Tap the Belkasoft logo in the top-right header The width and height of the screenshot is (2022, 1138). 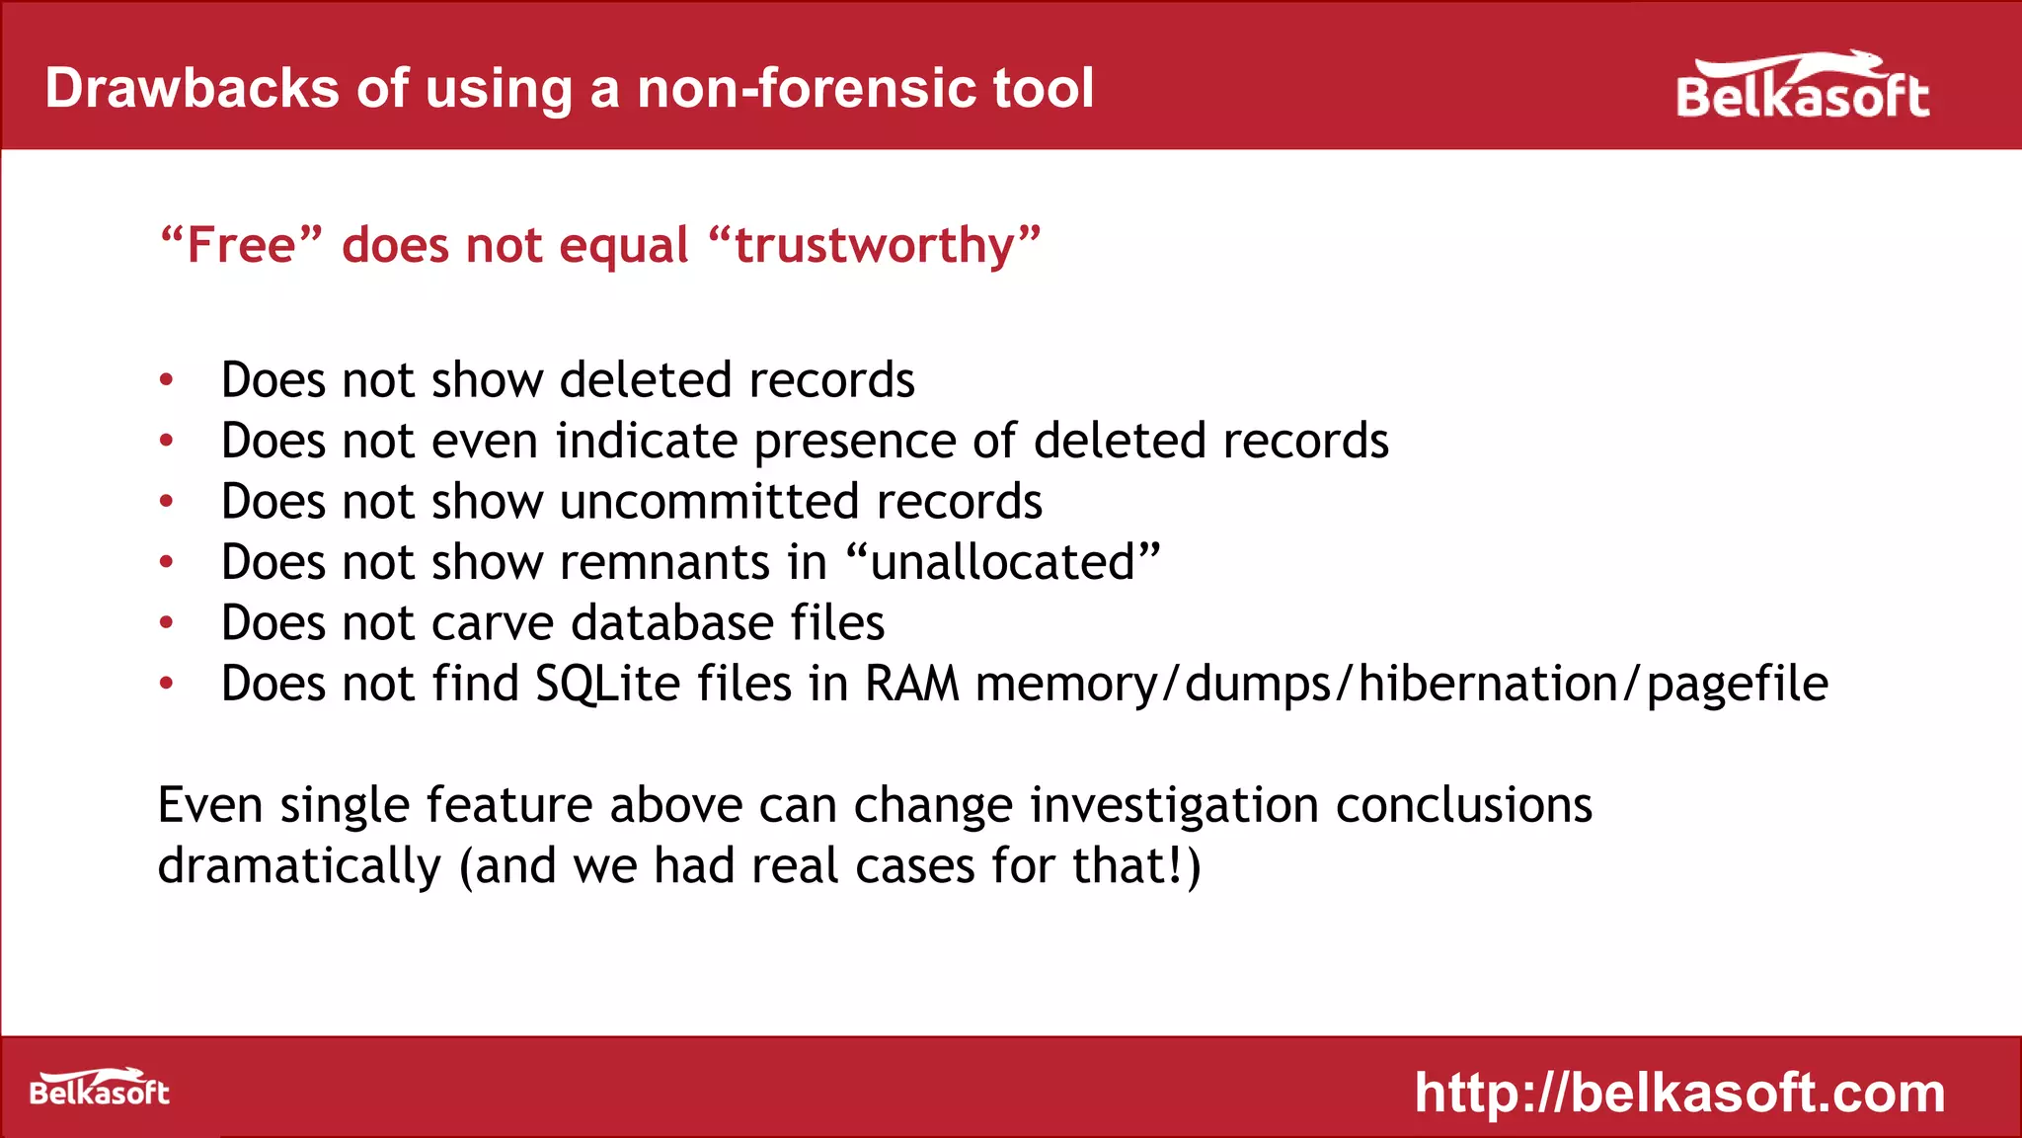(1802, 89)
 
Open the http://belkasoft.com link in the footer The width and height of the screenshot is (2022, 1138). (1679, 1093)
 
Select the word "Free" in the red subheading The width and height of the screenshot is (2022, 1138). (242, 245)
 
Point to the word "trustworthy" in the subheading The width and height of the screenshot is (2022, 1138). (875, 245)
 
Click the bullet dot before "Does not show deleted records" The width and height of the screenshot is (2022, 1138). (167, 380)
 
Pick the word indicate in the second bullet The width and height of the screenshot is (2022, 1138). (647, 441)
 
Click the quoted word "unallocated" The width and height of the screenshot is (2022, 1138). (1003, 562)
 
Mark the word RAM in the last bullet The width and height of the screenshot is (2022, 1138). (911, 684)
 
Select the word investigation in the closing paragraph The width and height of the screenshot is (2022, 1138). (1174, 806)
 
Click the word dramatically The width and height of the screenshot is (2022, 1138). (299, 866)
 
